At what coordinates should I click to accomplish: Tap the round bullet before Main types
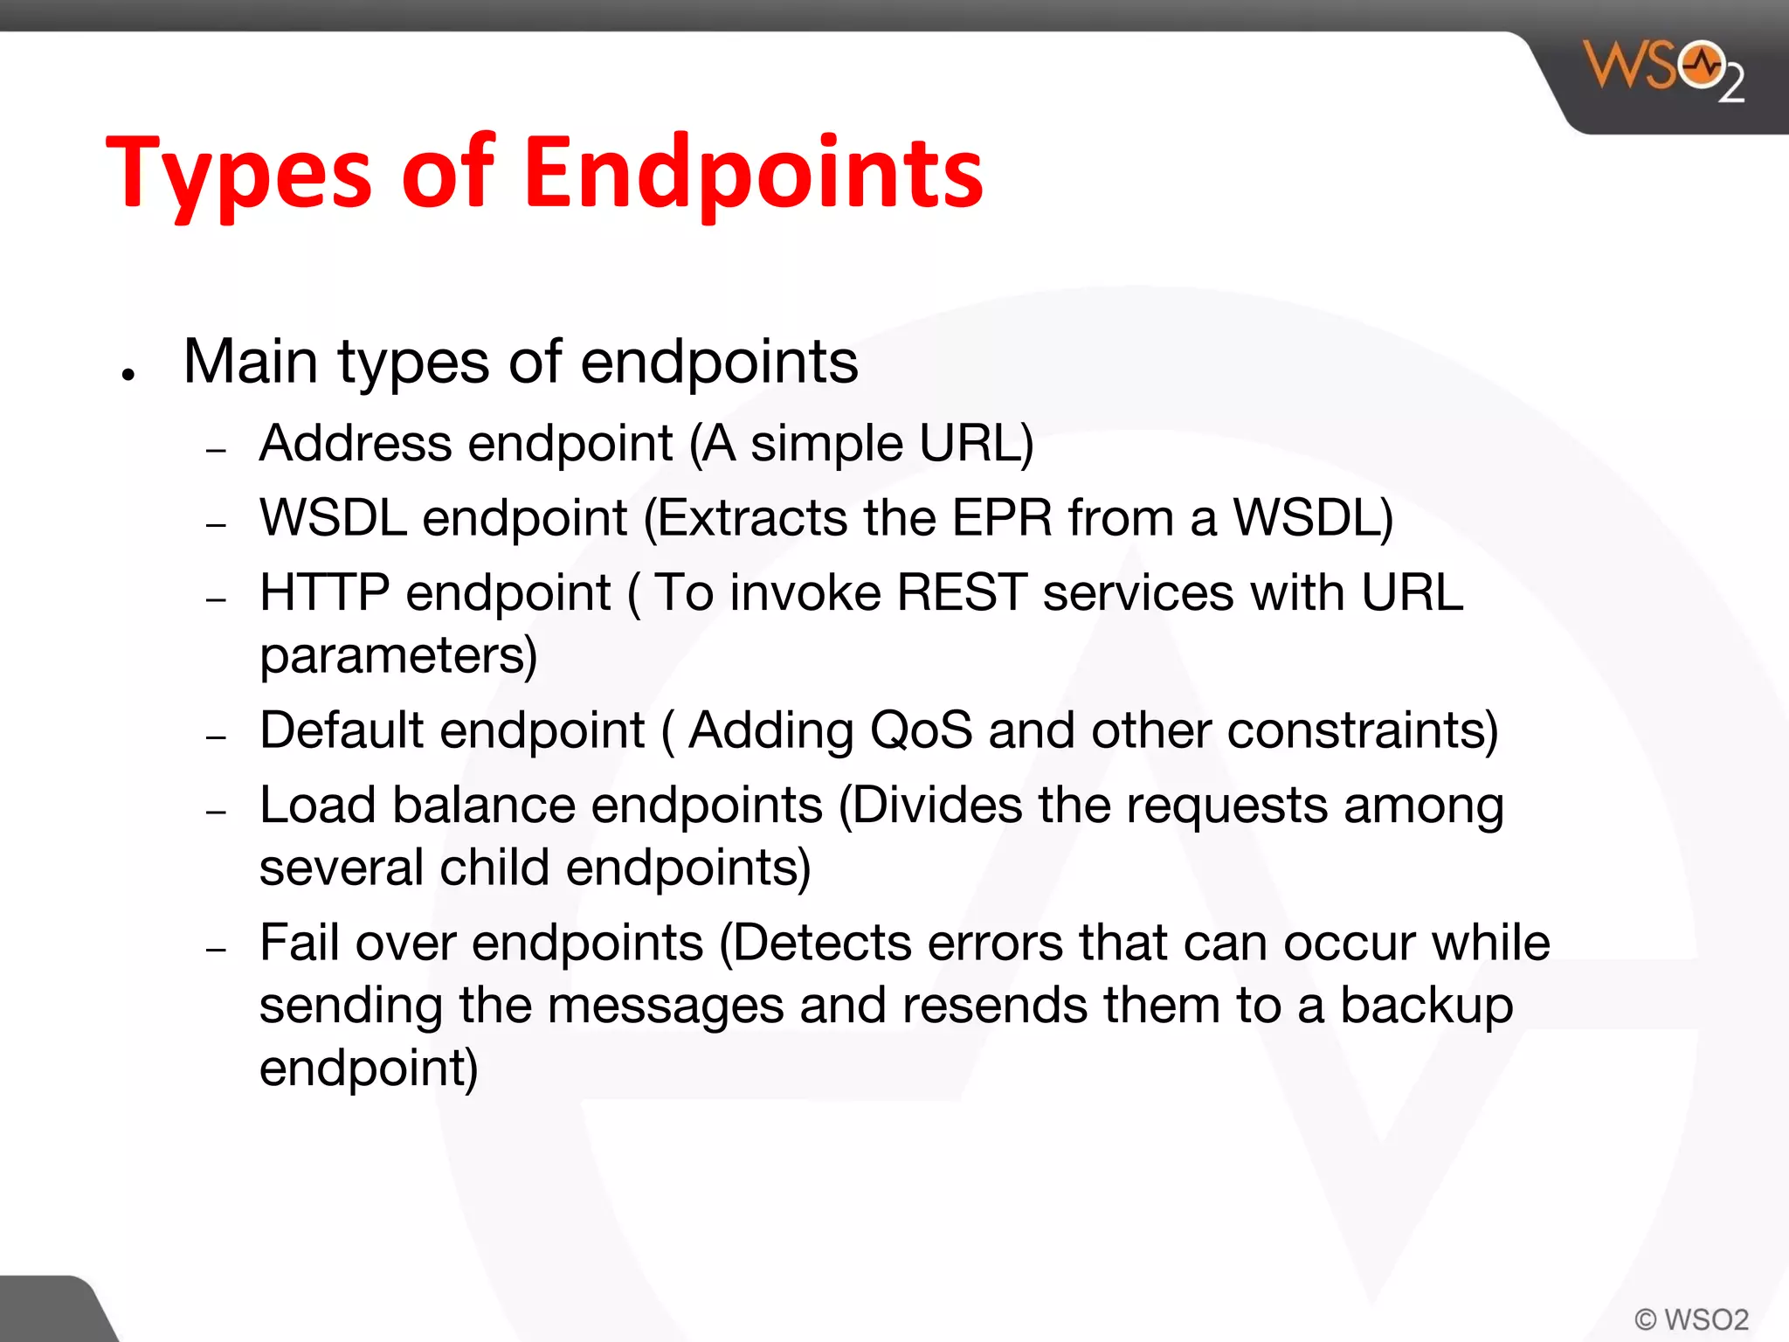[129, 375]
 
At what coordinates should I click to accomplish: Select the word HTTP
[324, 592]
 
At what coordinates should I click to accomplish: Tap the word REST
[962, 592]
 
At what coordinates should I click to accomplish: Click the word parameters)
[398, 655]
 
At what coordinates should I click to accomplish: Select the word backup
[1426, 1006]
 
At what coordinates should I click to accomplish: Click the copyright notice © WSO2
[1691, 1319]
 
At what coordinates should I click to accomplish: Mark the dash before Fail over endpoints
[217, 950]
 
